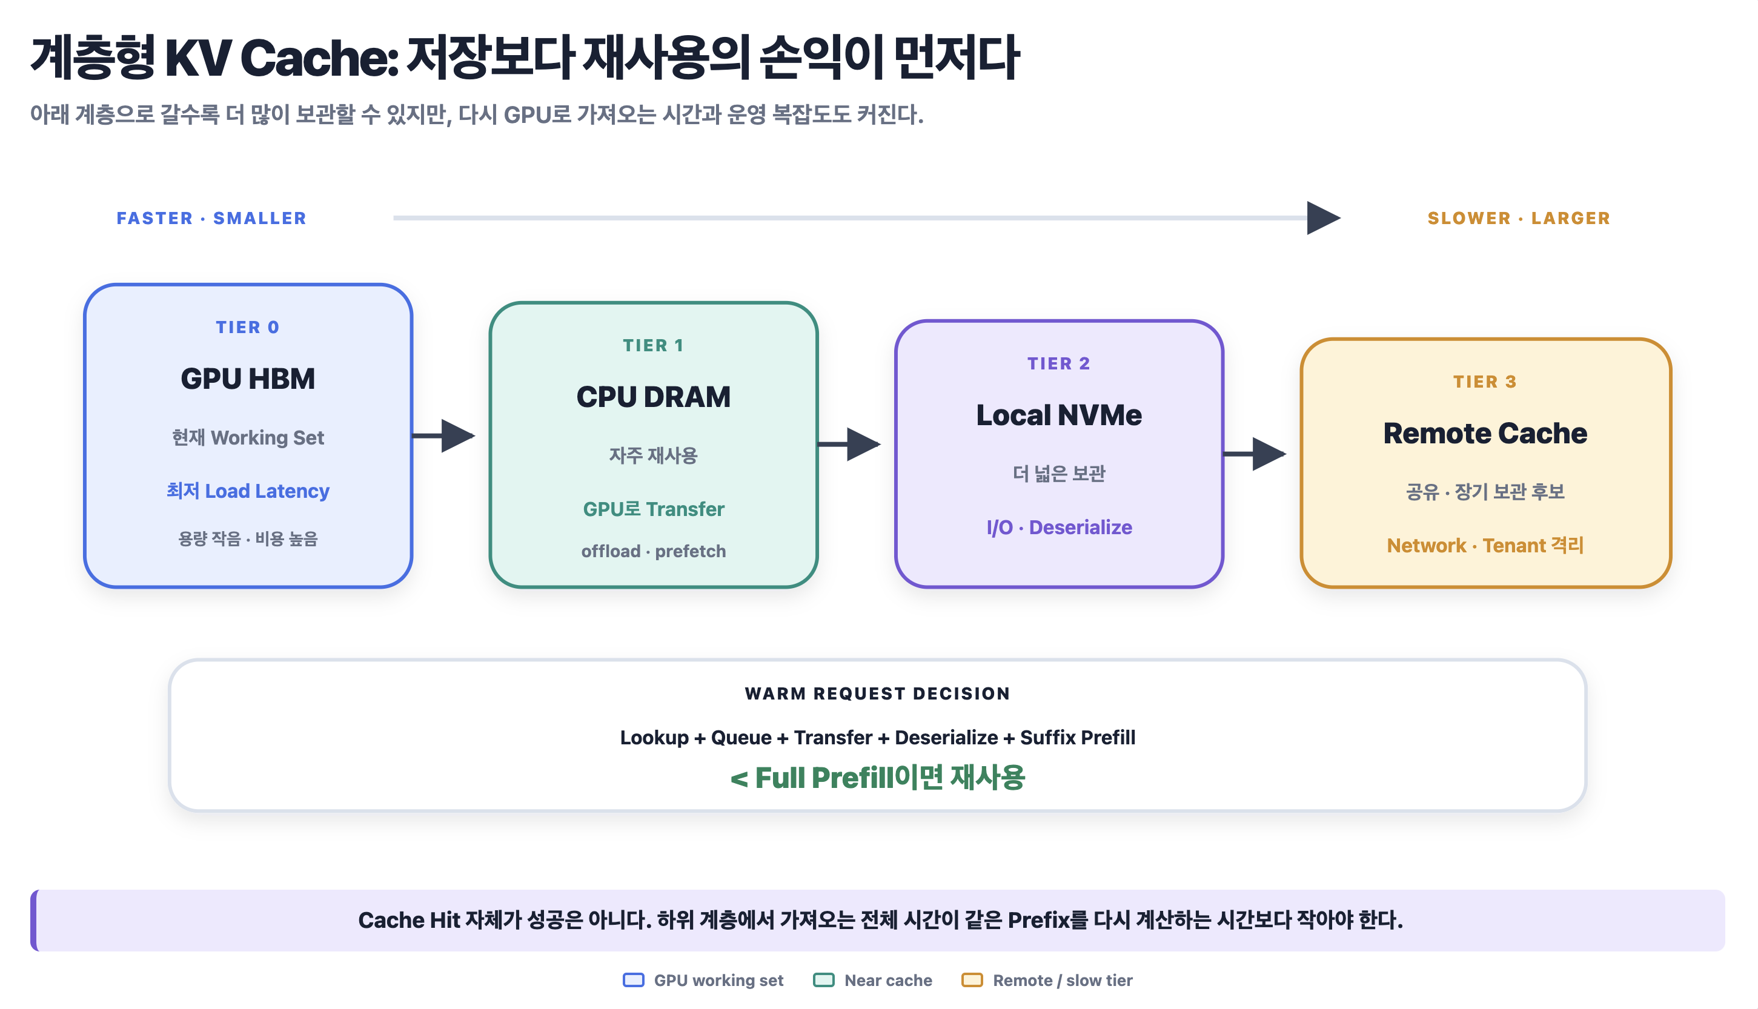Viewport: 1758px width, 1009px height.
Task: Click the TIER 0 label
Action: coord(247,327)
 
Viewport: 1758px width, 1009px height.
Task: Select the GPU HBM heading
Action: coord(247,379)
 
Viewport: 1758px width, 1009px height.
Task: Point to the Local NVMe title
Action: coord(1059,414)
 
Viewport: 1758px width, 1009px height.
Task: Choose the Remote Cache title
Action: coord(1485,433)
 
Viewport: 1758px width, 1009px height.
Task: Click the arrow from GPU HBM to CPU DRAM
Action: coord(443,436)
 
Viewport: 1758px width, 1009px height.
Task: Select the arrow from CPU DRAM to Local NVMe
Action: coord(849,444)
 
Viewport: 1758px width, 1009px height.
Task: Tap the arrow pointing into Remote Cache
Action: coord(1255,454)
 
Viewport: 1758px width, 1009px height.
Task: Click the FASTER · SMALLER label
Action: coord(211,218)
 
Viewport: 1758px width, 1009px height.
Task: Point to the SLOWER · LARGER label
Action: coord(1519,218)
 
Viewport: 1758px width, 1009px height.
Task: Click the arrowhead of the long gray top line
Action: coord(1324,218)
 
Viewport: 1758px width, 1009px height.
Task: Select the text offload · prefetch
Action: coord(654,551)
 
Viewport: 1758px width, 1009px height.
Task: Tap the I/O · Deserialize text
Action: coord(1059,528)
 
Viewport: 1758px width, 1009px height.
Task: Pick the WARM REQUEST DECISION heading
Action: coord(877,693)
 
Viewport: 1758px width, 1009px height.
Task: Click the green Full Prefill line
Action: coord(877,778)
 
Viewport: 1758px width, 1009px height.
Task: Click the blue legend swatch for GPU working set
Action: coord(633,980)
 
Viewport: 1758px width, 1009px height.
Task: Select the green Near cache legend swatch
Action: coord(823,980)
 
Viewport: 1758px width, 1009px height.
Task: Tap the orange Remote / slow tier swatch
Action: coord(972,980)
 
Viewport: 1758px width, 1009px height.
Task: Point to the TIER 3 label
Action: coord(1485,382)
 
